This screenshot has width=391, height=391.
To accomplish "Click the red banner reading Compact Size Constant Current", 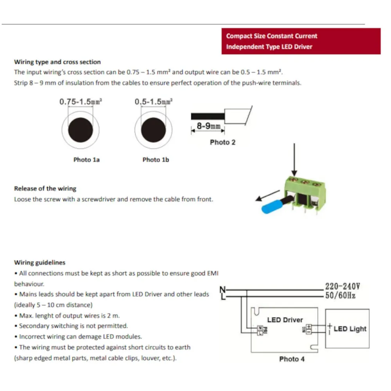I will point(300,41).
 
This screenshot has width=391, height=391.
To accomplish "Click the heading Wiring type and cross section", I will point(57,62).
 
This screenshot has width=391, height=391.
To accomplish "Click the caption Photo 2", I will point(222,142).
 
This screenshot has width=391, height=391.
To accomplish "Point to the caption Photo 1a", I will point(86,160).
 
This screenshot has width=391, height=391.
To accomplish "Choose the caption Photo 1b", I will point(156,160).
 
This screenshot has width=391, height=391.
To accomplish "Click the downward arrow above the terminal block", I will point(294,160).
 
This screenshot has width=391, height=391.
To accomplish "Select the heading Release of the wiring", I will point(45,188).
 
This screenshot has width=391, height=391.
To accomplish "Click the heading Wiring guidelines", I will point(40,262).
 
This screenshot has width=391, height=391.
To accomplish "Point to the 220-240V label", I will point(342,287).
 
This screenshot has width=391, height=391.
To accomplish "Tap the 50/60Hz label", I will point(340,296).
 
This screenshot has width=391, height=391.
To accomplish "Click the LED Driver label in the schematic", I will point(285,320).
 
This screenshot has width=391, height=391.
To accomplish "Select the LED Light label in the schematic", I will point(350,329).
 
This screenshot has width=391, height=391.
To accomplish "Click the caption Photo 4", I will point(292,359).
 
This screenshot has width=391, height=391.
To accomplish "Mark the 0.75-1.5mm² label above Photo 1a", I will point(81,102).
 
